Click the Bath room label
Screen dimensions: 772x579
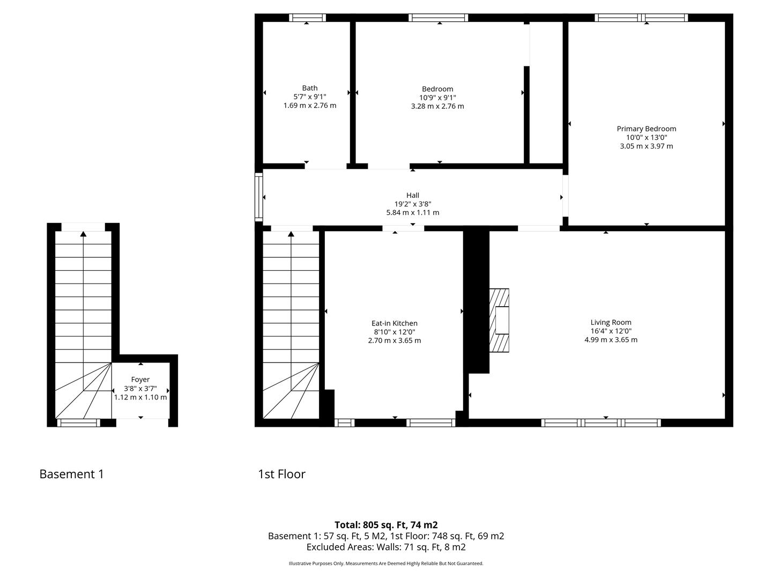pos(309,88)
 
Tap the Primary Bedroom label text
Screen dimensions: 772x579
pos(646,129)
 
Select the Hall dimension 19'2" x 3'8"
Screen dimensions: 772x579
pos(413,204)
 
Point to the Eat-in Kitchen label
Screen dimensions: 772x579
pos(394,323)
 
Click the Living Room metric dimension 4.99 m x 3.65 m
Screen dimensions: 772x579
pos(611,339)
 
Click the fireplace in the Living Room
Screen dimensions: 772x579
pos(499,320)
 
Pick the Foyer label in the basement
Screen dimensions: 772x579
pos(140,380)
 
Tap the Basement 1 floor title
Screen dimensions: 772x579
pos(72,474)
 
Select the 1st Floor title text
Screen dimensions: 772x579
pos(281,474)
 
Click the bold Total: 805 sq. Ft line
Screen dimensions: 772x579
pos(386,525)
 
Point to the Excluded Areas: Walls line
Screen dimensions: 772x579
pos(386,547)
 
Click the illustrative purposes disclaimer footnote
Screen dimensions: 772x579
pos(386,563)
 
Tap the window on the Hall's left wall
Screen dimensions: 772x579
pos(258,197)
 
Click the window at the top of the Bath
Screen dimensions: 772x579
pos(307,18)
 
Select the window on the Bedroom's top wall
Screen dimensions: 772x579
pos(438,18)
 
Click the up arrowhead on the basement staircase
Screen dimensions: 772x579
pos(83,234)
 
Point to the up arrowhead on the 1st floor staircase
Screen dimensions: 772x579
pos(291,234)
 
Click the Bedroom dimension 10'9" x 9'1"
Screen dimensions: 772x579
pos(437,98)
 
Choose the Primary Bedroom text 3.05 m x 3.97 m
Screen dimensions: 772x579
pos(646,146)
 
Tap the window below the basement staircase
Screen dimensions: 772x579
pos(78,423)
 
